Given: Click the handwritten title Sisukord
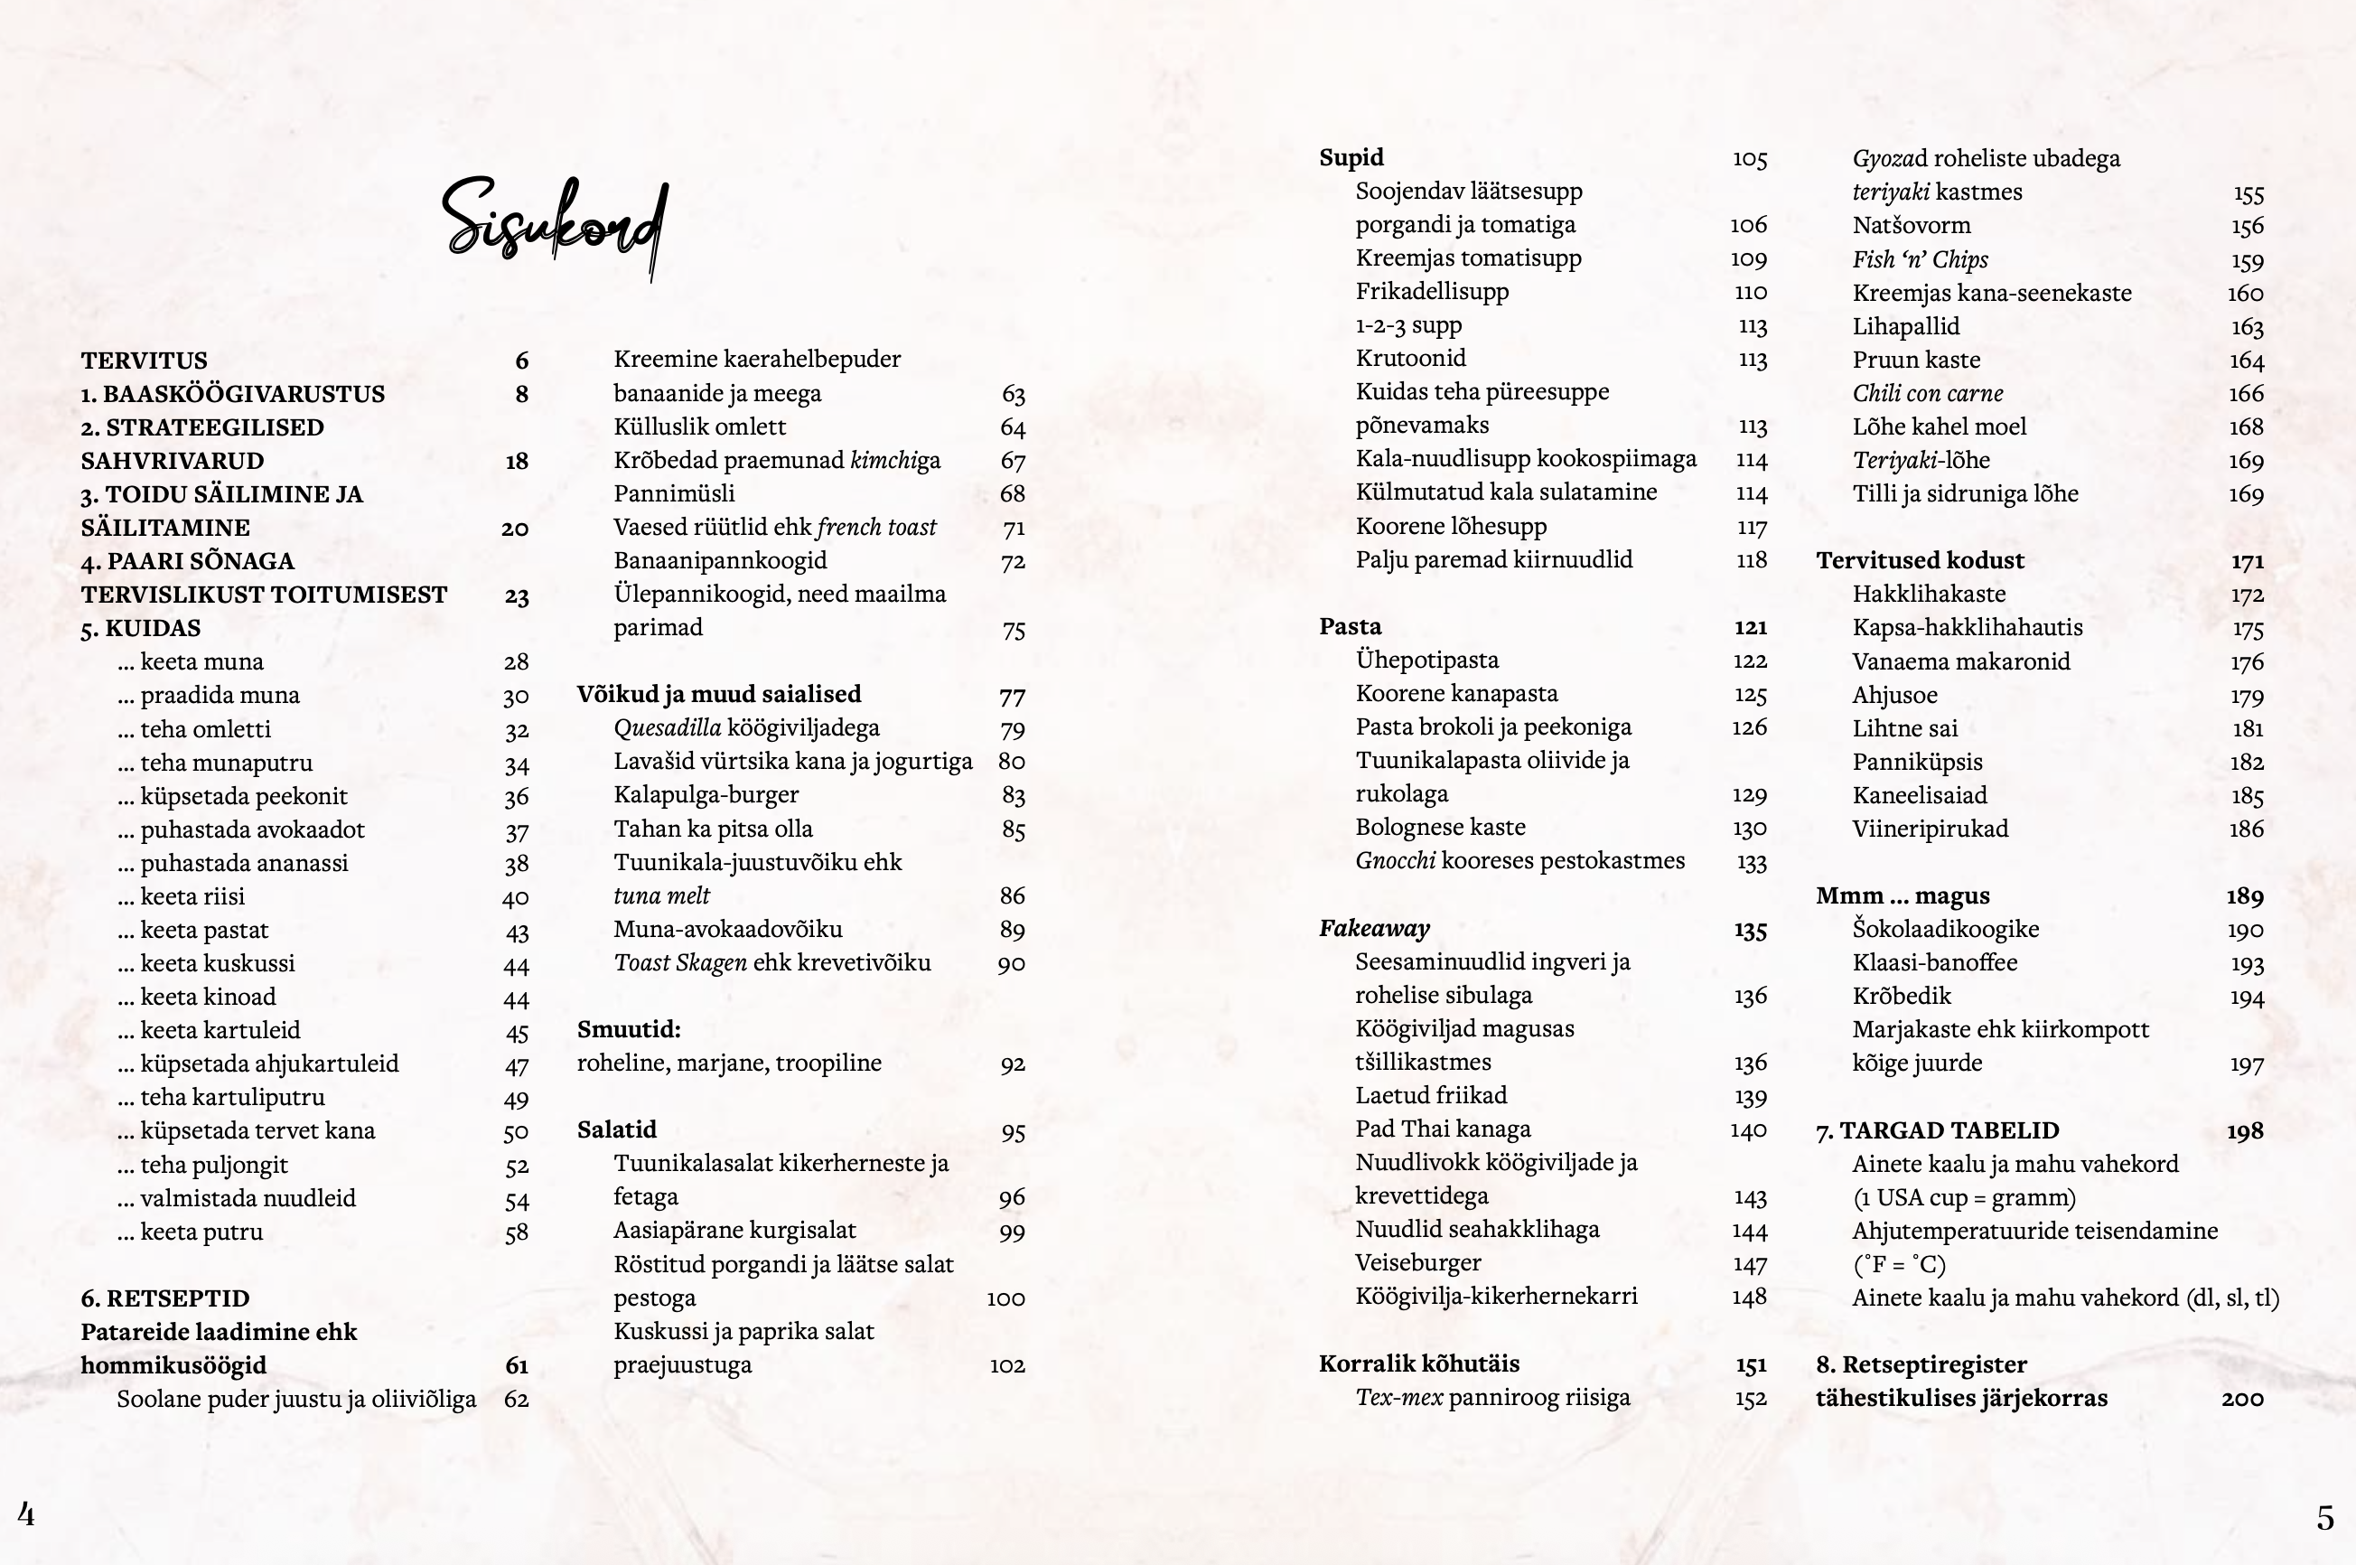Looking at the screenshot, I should [x=555, y=226].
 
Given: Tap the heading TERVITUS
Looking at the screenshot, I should [x=144, y=361].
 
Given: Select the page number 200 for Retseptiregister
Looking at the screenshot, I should [x=2241, y=1399].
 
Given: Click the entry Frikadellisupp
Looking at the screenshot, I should [x=1431, y=292].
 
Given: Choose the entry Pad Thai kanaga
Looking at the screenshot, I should [x=1442, y=1129].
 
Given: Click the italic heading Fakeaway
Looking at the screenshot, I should [x=1374, y=928].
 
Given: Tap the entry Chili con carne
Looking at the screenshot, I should [x=1927, y=393].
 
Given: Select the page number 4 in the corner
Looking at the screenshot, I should [x=27, y=1514].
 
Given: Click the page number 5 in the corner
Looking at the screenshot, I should [x=2325, y=1518].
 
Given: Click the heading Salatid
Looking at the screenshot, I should [x=616, y=1129].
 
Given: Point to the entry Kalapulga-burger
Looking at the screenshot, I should [x=706, y=794].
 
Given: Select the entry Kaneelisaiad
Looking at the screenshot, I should [x=1919, y=795].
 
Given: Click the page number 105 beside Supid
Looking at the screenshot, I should [x=1749, y=159].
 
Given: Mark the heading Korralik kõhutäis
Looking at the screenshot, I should [x=1418, y=1364].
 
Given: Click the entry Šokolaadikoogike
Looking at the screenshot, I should [x=1945, y=929].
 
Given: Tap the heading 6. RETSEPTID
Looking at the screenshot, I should [x=164, y=1298].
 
